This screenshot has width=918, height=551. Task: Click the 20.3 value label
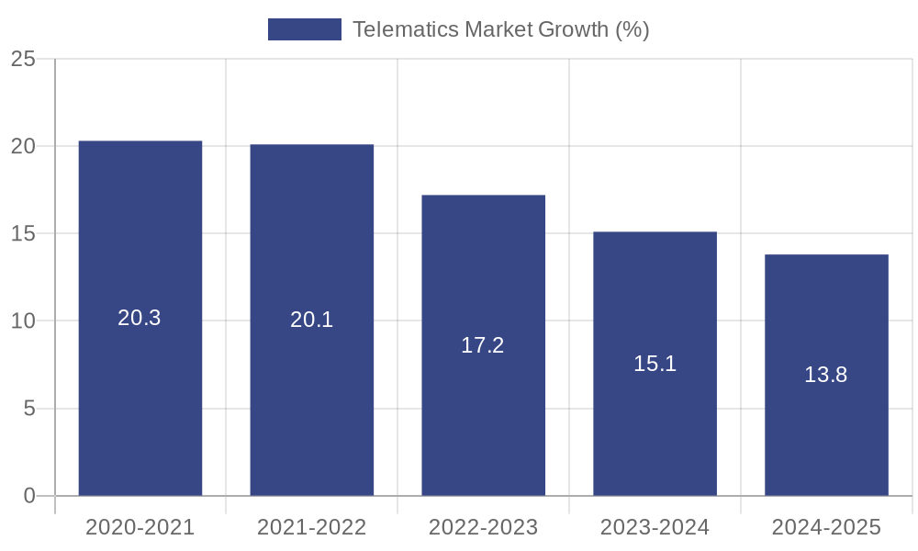140,318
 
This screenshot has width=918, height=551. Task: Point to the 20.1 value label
312,320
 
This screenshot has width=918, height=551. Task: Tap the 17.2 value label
483,345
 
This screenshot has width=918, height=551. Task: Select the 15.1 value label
655,364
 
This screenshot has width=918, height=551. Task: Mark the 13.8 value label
826,375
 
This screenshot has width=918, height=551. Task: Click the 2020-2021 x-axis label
140,527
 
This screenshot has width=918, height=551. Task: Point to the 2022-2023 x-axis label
483,527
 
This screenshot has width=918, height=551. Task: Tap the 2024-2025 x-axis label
826,527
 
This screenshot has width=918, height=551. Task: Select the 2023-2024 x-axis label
655,527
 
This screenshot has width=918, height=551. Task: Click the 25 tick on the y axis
23,60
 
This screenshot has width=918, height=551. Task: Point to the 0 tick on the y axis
28,496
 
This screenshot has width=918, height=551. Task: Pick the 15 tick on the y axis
23,234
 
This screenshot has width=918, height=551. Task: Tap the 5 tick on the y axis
28,409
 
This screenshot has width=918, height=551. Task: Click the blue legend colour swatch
304,29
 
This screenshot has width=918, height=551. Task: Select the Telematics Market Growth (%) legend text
501,29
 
